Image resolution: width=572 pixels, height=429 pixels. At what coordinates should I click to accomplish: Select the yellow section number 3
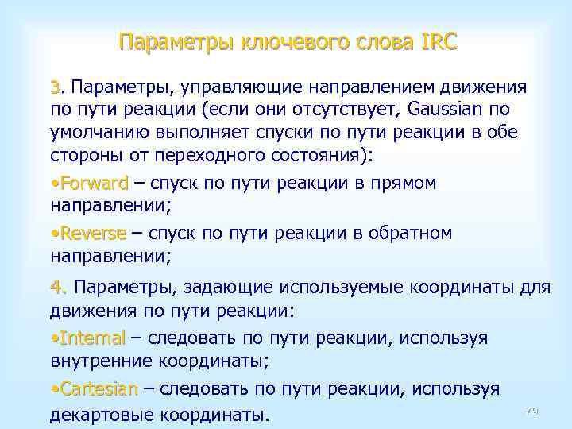point(54,86)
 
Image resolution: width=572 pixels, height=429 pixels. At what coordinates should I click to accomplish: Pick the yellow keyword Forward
point(92,184)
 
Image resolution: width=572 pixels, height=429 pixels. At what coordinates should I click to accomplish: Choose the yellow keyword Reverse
point(91,234)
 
